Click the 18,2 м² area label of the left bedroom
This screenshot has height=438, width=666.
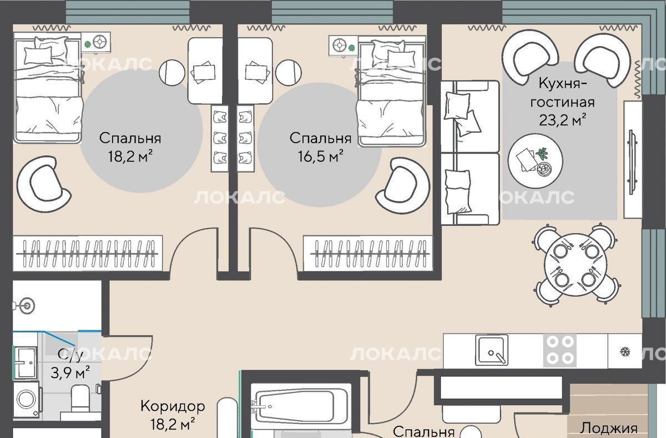(x=130, y=156)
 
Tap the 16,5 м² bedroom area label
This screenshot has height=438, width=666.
(x=321, y=156)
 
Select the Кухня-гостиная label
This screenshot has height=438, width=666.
(x=563, y=93)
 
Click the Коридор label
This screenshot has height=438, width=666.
(x=173, y=406)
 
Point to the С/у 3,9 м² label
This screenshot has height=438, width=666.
(x=70, y=364)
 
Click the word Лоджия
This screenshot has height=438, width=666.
(x=609, y=428)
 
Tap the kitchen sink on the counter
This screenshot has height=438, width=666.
(x=492, y=350)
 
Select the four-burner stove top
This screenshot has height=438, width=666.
(x=560, y=350)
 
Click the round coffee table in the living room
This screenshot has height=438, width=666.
(x=535, y=161)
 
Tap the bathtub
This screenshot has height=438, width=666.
(x=300, y=406)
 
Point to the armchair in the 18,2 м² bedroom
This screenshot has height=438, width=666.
(x=43, y=185)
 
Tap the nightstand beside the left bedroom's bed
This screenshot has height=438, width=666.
(x=95, y=43)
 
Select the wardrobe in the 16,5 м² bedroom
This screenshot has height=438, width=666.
(x=368, y=253)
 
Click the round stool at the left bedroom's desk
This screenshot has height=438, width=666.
(x=172, y=73)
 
